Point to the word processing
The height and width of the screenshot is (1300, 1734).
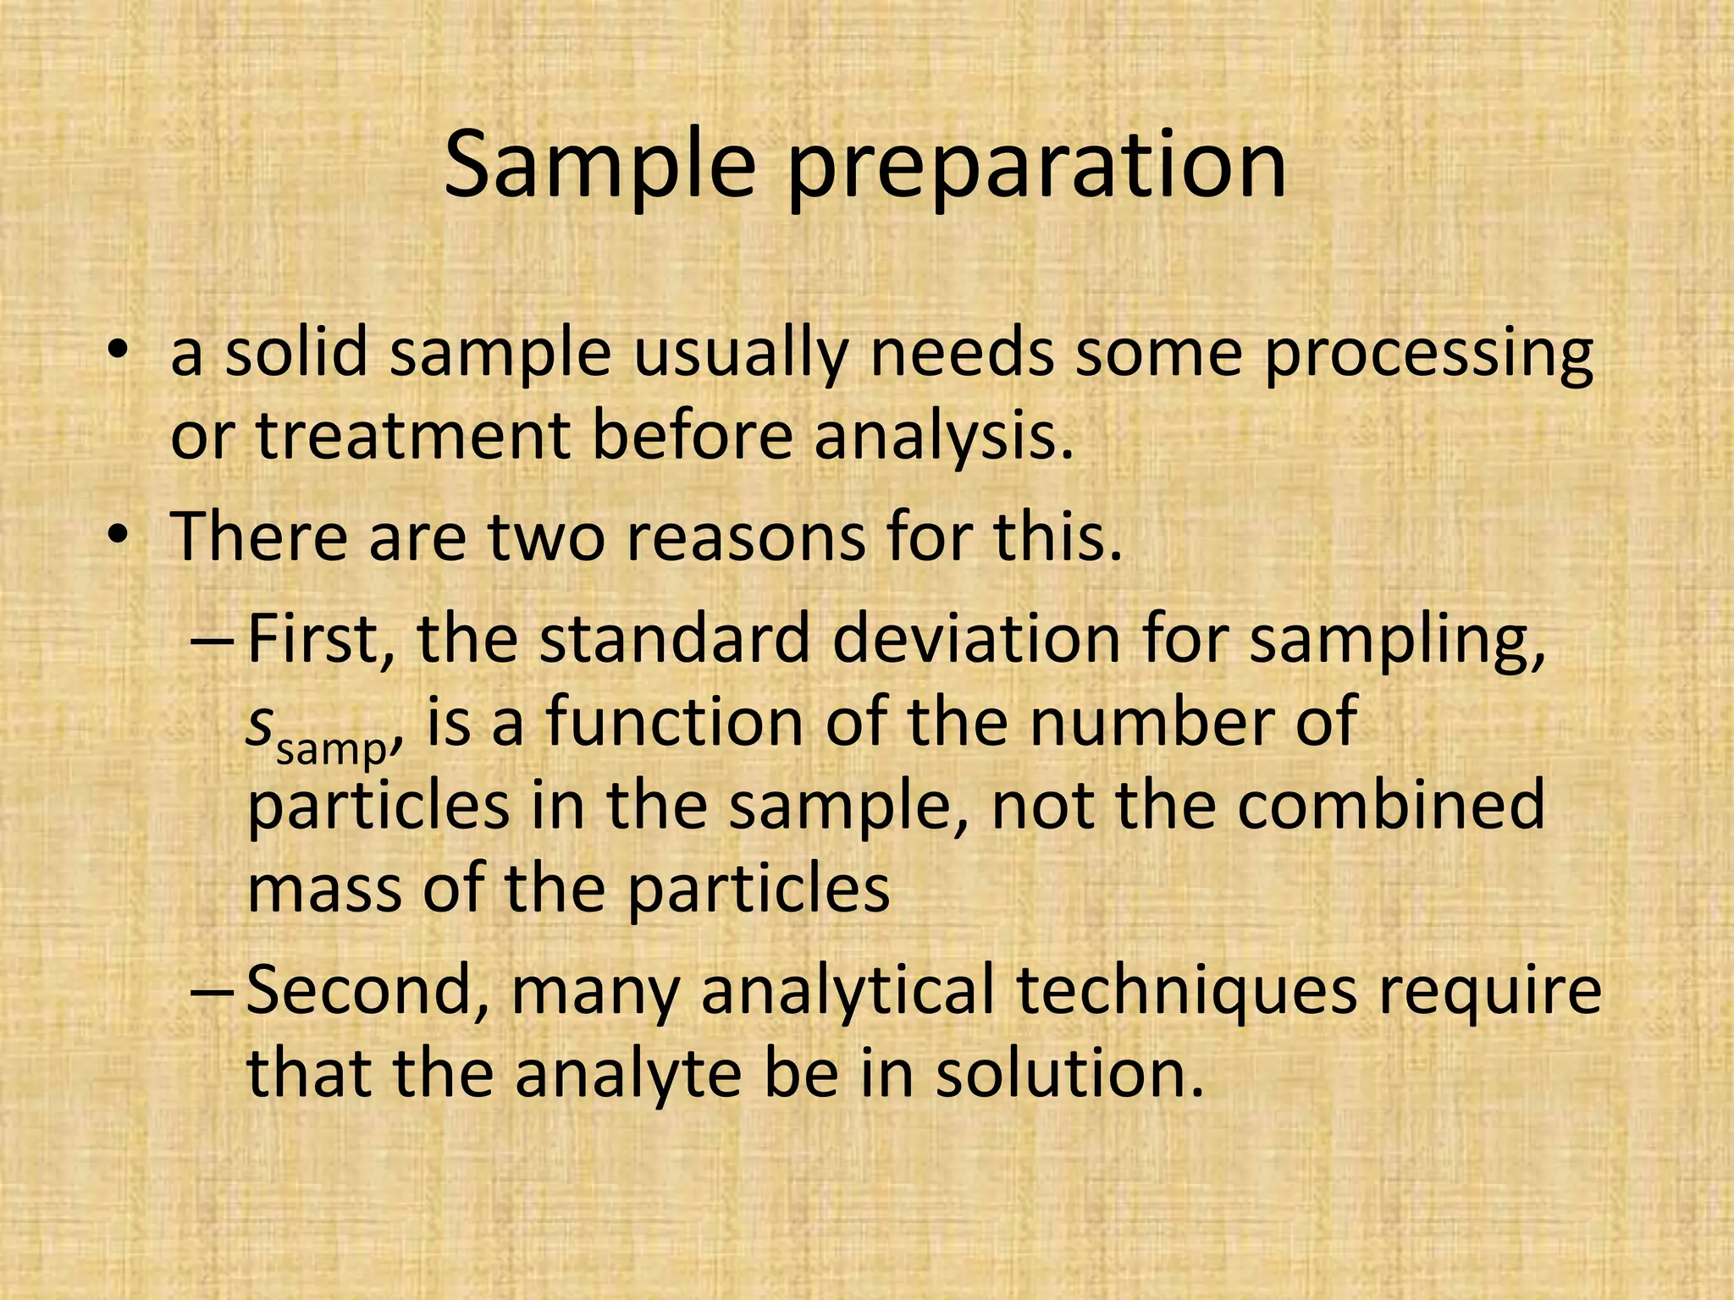click(1428, 355)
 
